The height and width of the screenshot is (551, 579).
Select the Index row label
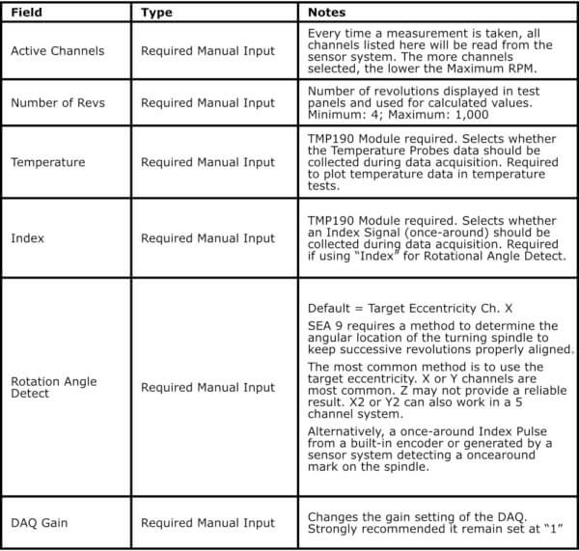tap(26, 237)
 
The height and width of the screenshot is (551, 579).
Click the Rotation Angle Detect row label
tap(54, 388)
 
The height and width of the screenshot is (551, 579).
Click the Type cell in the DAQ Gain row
tap(207, 523)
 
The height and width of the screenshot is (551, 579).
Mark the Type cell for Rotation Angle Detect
tap(207, 388)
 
